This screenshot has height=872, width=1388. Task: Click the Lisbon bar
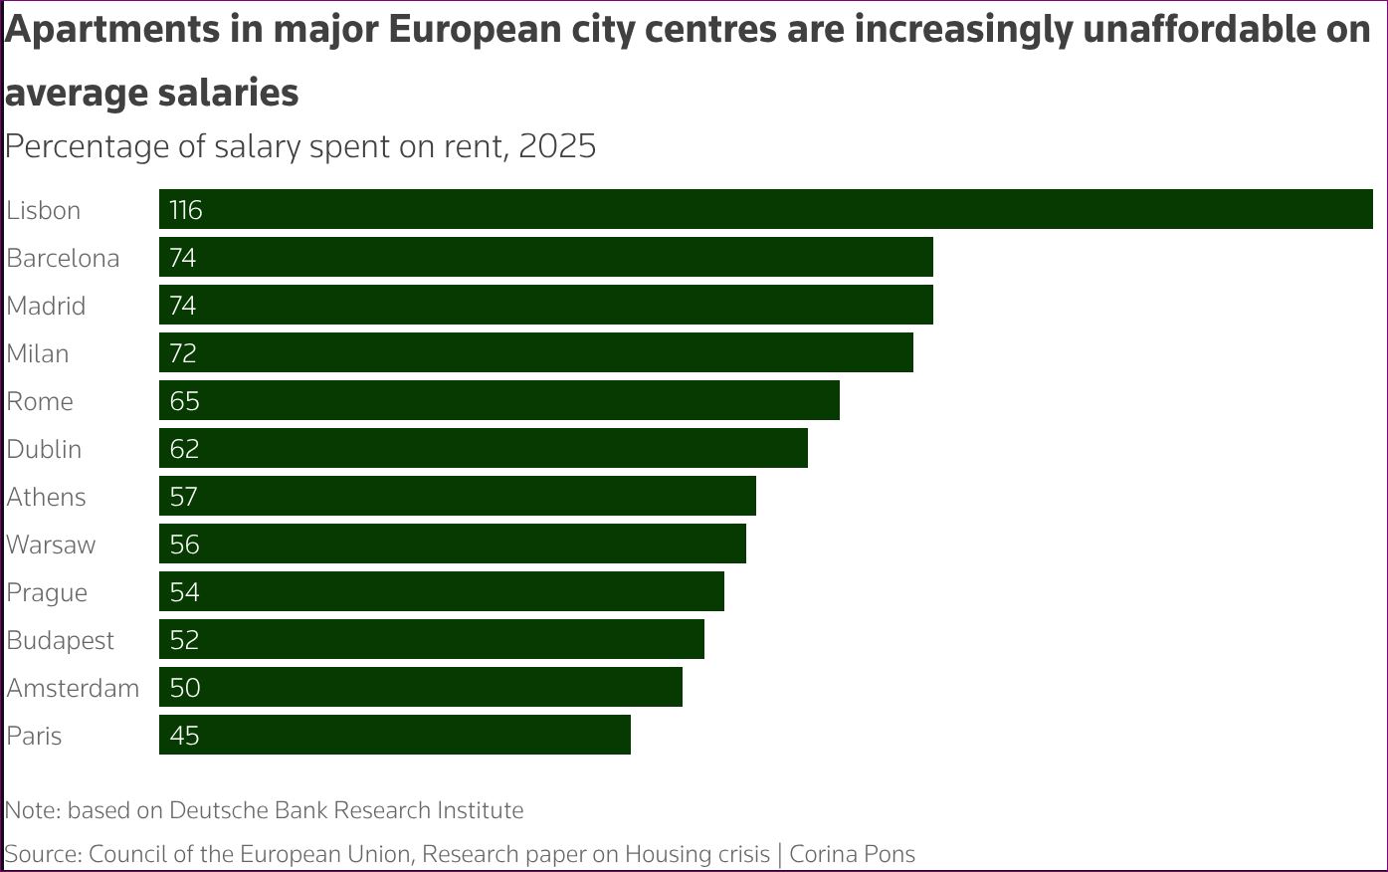[x=766, y=209]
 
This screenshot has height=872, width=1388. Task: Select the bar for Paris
[x=395, y=735]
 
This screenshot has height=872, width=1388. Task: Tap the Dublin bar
[x=484, y=448]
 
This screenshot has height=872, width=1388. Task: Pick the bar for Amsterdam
[x=421, y=687]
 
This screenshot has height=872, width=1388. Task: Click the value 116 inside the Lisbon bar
[x=186, y=210]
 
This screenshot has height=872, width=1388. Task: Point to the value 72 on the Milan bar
[x=183, y=353]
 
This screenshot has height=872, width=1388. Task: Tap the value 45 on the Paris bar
[x=184, y=736]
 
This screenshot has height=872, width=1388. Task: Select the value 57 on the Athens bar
[x=183, y=497]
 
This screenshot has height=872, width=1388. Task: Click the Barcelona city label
[x=63, y=258]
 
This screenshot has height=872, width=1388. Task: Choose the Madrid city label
[x=46, y=306]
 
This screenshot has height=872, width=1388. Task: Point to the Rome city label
[x=40, y=401]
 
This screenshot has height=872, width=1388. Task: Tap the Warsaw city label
[x=51, y=545]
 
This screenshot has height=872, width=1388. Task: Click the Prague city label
[x=47, y=593]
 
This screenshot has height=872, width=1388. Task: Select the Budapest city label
[x=61, y=641]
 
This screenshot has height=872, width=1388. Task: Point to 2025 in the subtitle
[x=557, y=146]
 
